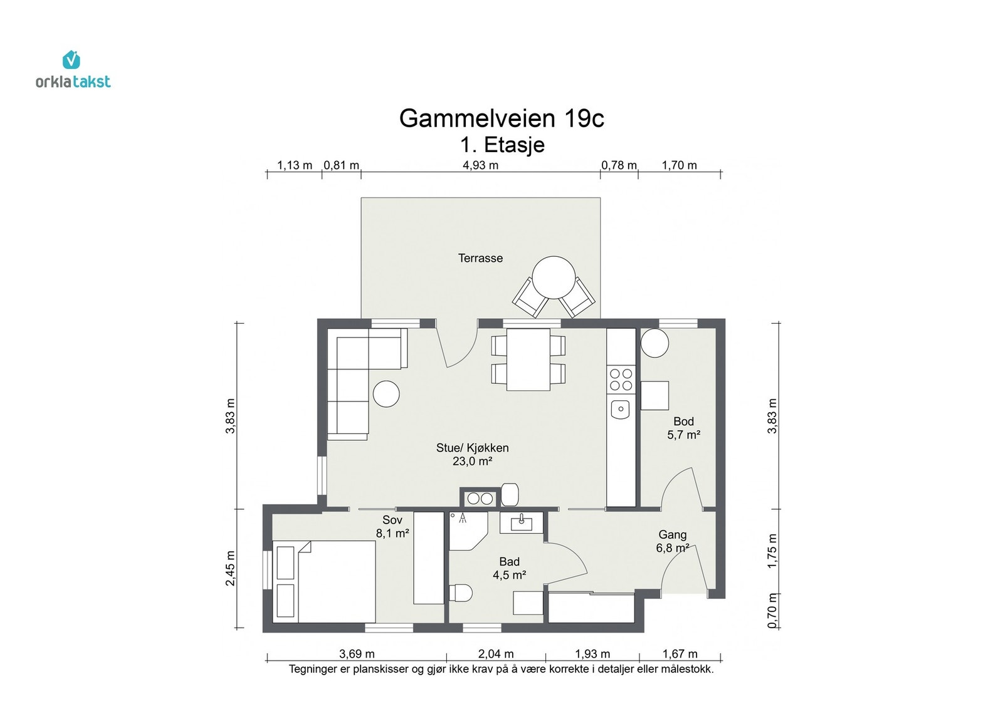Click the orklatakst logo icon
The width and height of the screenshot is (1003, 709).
click(x=71, y=60)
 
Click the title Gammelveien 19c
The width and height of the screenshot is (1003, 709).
click(x=501, y=118)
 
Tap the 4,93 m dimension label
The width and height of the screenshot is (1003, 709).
click(x=480, y=165)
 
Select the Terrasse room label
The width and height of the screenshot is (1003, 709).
click(x=480, y=258)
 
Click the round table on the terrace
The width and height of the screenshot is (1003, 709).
click(x=554, y=277)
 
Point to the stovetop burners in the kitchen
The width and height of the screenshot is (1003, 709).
click(x=621, y=380)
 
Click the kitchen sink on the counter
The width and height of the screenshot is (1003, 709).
click(x=621, y=410)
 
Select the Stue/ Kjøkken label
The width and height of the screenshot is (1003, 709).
click(x=472, y=448)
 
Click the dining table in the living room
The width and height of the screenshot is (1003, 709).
click(x=528, y=360)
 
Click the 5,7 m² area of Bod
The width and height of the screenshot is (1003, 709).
click(x=683, y=435)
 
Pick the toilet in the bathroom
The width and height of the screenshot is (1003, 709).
click(x=461, y=593)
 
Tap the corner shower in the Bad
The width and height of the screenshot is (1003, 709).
click(x=466, y=530)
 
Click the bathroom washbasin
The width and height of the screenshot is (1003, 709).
click(x=521, y=522)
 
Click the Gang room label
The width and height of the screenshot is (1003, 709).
click(x=672, y=535)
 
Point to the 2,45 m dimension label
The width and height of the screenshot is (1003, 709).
click(x=231, y=569)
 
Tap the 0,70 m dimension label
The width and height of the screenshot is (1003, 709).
click(x=772, y=610)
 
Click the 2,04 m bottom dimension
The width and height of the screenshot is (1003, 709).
click(x=495, y=654)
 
